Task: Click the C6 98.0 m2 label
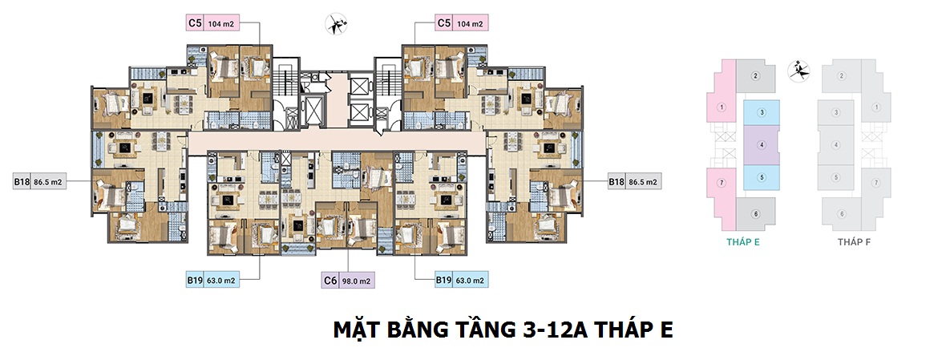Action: pyautogui.click(x=348, y=280)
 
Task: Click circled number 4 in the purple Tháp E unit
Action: pyautogui.click(x=762, y=144)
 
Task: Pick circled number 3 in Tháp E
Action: pyautogui.click(x=762, y=112)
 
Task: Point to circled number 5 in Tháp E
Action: pyautogui.click(x=762, y=177)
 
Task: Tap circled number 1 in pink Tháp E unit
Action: pyautogui.click(x=722, y=108)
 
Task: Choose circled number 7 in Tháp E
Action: pyautogui.click(x=722, y=182)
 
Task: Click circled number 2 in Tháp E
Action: pyautogui.click(x=755, y=75)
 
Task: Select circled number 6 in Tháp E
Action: pyautogui.click(x=755, y=214)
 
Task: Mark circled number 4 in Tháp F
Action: pyautogui.click(x=836, y=144)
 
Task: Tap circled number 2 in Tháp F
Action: pyautogui.click(x=842, y=75)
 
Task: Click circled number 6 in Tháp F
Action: pyautogui.click(x=842, y=214)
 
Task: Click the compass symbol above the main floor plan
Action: pyautogui.click(x=336, y=24)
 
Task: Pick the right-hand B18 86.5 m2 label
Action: pyautogui.click(x=634, y=181)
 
